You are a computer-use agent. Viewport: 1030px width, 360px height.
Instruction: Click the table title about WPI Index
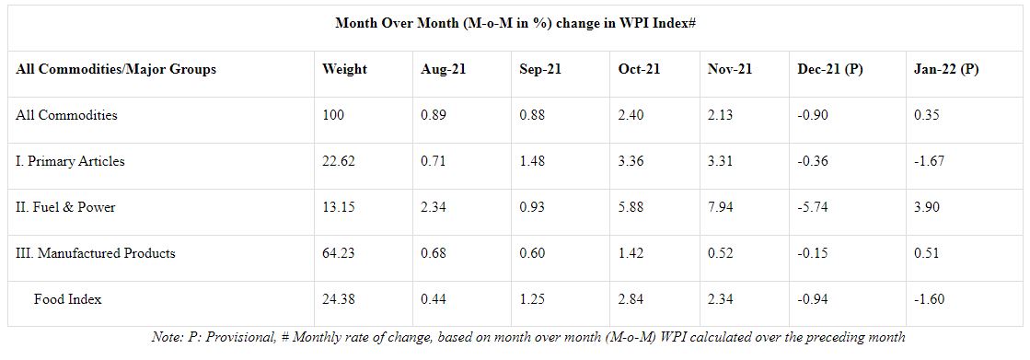tap(515, 23)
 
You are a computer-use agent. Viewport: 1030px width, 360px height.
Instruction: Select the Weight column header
tap(345, 69)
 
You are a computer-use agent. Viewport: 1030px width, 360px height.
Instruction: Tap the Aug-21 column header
tap(443, 69)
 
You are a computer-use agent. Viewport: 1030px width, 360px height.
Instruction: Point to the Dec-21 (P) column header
tap(830, 69)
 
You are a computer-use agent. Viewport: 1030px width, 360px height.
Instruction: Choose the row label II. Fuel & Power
tap(65, 207)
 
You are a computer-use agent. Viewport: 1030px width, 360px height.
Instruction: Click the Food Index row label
tap(68, 299)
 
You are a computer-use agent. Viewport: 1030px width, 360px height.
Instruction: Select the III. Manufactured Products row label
tap(95, 253)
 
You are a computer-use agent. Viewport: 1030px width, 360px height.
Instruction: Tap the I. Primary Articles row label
tap(70, 161)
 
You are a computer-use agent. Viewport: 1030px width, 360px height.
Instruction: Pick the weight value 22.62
tap(339, 161)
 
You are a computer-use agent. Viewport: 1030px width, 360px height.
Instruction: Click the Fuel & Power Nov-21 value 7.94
tap(720, 207)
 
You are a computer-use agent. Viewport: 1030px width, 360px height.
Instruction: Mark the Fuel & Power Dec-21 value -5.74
tap(813, 207)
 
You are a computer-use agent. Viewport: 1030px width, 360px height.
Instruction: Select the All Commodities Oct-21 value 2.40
tap(631, 115)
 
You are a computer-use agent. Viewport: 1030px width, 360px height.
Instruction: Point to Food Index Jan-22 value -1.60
tap(929, 299)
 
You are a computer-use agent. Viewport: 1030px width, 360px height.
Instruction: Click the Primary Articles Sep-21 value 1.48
tap(531, 161)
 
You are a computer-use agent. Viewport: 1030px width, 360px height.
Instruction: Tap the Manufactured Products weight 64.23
tap(339, 253)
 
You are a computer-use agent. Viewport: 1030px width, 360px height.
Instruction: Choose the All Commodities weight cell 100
tap(332, 115)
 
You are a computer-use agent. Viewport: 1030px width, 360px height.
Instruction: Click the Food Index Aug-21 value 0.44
tap(434, 299)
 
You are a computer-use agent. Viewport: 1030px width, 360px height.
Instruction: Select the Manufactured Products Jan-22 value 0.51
tap(926, 253)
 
